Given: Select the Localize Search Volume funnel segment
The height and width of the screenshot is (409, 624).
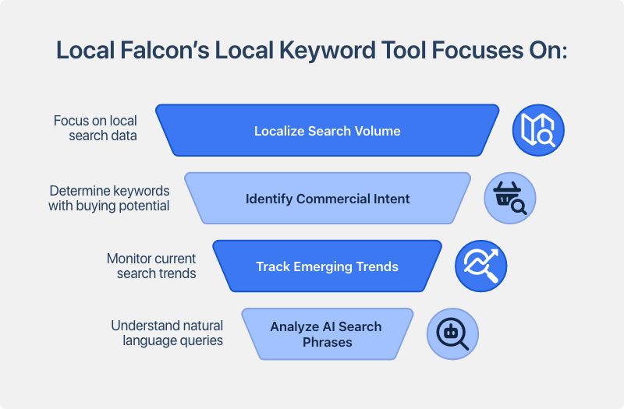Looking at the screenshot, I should tap(328, 131).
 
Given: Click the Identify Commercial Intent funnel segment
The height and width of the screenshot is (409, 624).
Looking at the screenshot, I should tap(328, 199).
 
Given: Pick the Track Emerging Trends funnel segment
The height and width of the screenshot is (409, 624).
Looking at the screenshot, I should tap(328, 266).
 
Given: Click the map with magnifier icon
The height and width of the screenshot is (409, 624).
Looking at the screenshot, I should tap(537, 130).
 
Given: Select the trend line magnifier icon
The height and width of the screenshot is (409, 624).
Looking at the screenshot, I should tap(481, 266).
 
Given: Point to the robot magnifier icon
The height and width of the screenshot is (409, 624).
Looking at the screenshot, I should tap(452, 333).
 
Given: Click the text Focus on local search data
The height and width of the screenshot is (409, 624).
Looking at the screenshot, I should tap(95, 128).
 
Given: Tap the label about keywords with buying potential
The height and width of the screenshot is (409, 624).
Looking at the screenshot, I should tap(109, 198).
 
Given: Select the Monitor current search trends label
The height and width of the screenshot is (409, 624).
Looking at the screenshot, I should tap(151, 266).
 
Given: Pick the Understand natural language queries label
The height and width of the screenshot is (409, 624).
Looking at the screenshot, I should tap(167, 333).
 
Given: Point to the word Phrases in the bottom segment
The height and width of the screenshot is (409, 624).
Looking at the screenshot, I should tap(328, 342).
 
